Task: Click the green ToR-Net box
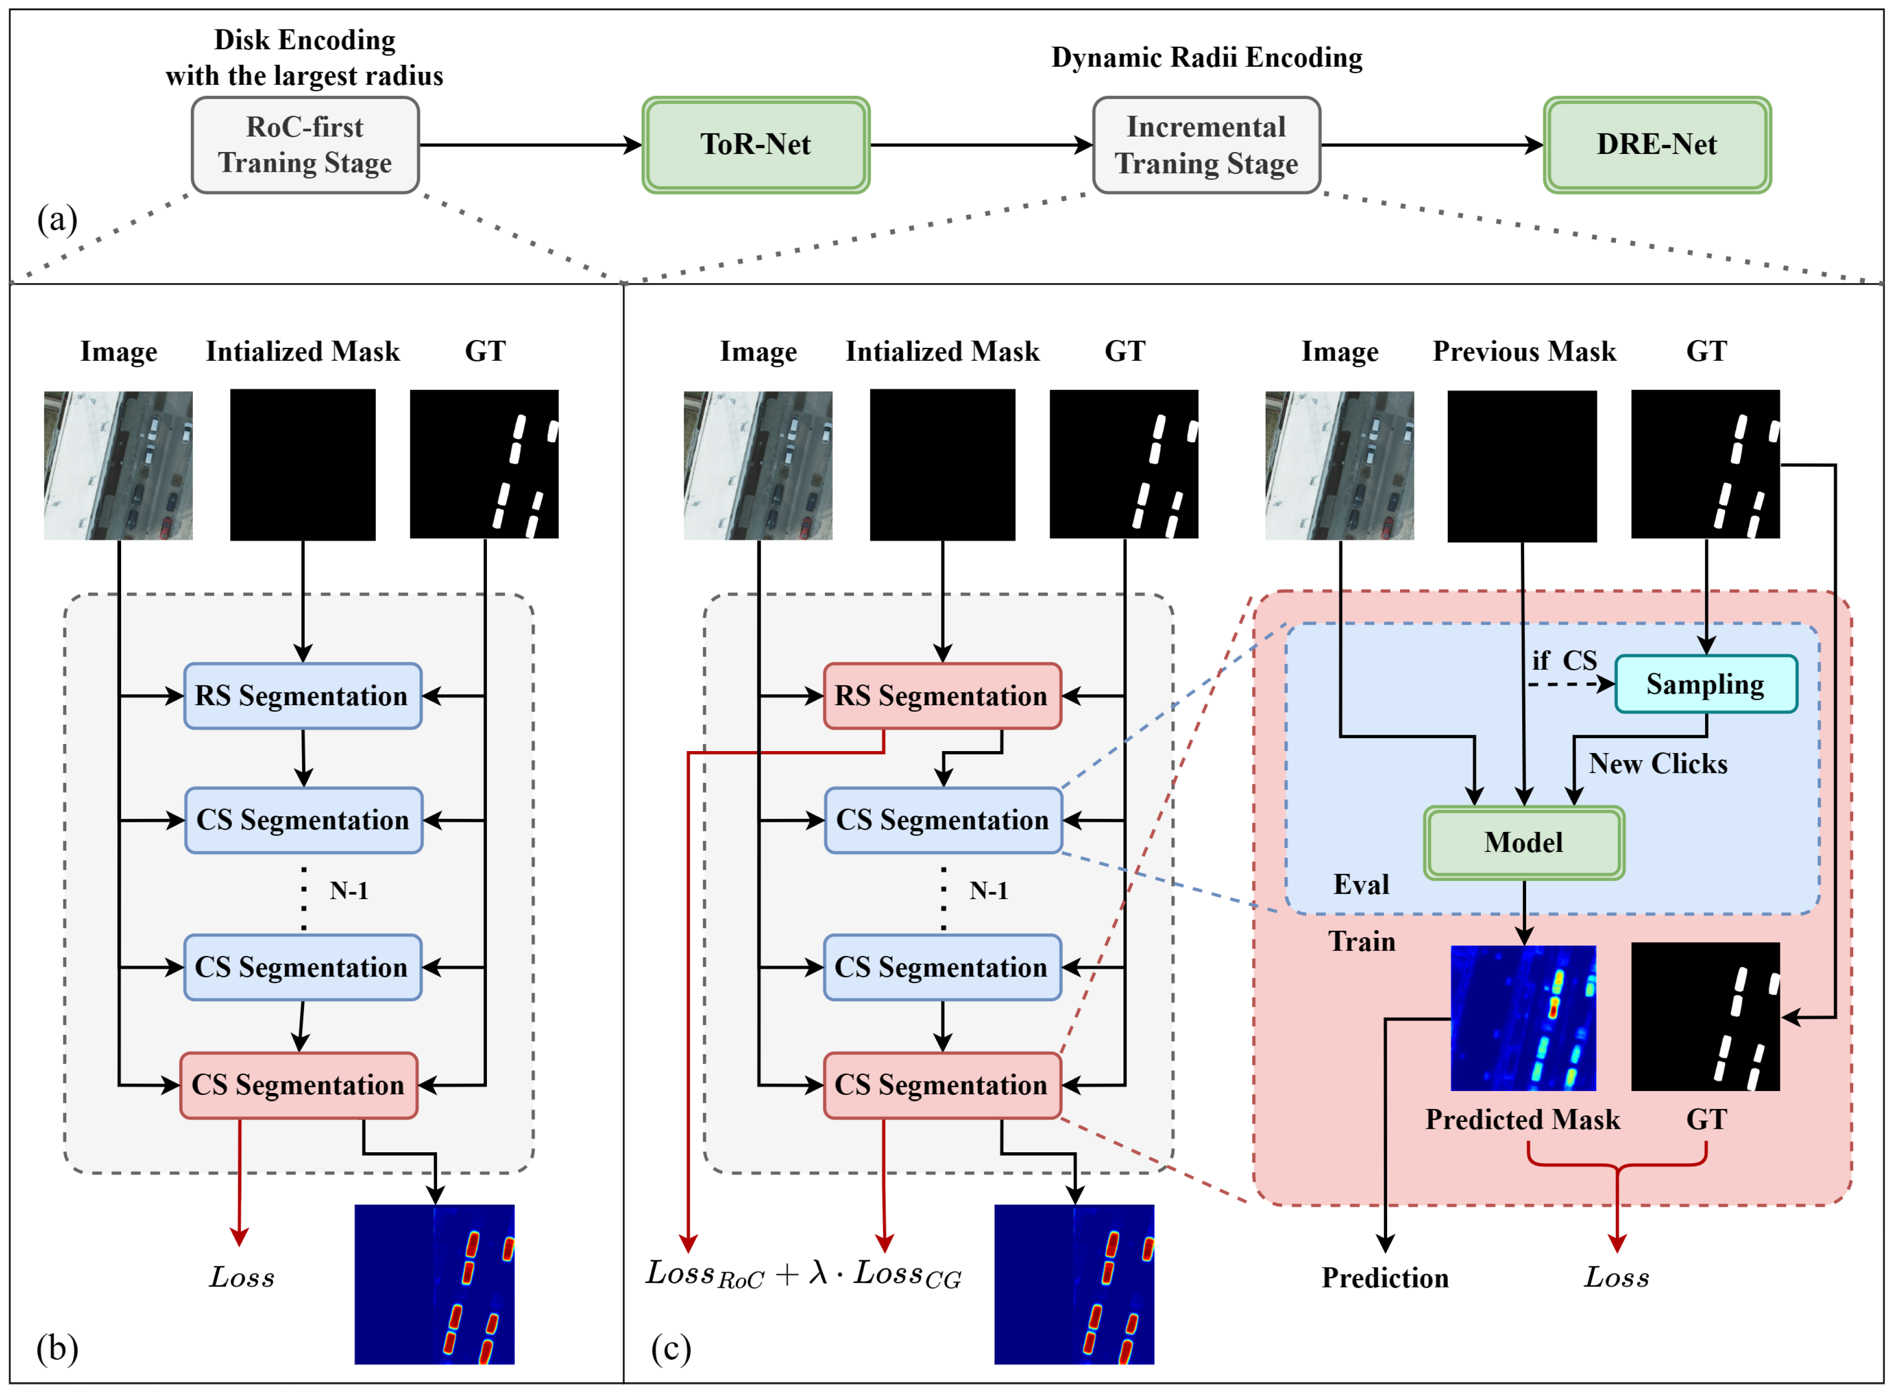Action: pyautogui.click(x=756, y=145)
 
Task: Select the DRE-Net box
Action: pyautogui.click(x=1656, y=145)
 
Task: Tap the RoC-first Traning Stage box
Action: pyautogui.click(x=305, y=145)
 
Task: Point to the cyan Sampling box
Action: pyautogui.click(x=1705, y=684)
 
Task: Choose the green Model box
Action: pyautogui.click(x=1523, y=843)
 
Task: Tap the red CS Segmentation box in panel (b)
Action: pyautogui.click(x=298, y=1085)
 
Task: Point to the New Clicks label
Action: pyautogui.click(x=1657, y=764)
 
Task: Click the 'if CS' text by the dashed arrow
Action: pyautogui.click(x=1564, y=660)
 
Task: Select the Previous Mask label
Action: pyautogui.click(x=1523, y=351)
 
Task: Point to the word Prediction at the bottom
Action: pyautogui.click(x=1384, y=1278)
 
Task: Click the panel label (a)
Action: pyautogui.click(x=57, y=219)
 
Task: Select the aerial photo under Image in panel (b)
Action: pyautogui.click(x=118, y=465)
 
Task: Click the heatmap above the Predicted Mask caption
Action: pyautogui.click(x=1523, y=1018)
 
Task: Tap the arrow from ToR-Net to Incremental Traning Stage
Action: pyautogui.click(x=981, y=145)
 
